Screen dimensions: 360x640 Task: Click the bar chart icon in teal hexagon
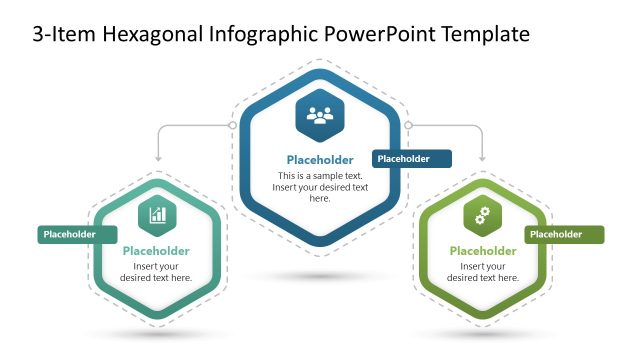click(158, 214)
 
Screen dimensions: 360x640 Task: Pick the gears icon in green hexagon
click(482, 214)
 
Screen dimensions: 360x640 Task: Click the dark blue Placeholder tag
click(411, 159)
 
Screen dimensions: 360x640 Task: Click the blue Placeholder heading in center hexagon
click(320, 160)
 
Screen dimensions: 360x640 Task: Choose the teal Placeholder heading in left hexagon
click(157, 251)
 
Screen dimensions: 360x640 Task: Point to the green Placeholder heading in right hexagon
click(483, 251)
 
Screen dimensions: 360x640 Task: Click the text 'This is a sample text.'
click(320, 176)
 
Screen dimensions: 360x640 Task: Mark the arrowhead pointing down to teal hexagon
click(157, 158)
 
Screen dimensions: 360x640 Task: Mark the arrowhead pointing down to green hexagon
click(483, 158)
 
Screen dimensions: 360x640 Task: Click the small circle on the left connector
click(232, 126)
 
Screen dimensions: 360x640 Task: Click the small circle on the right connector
click(408, 126)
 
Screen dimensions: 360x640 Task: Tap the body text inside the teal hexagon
click(157, 272)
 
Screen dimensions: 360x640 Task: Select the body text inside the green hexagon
click(483, 272)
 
